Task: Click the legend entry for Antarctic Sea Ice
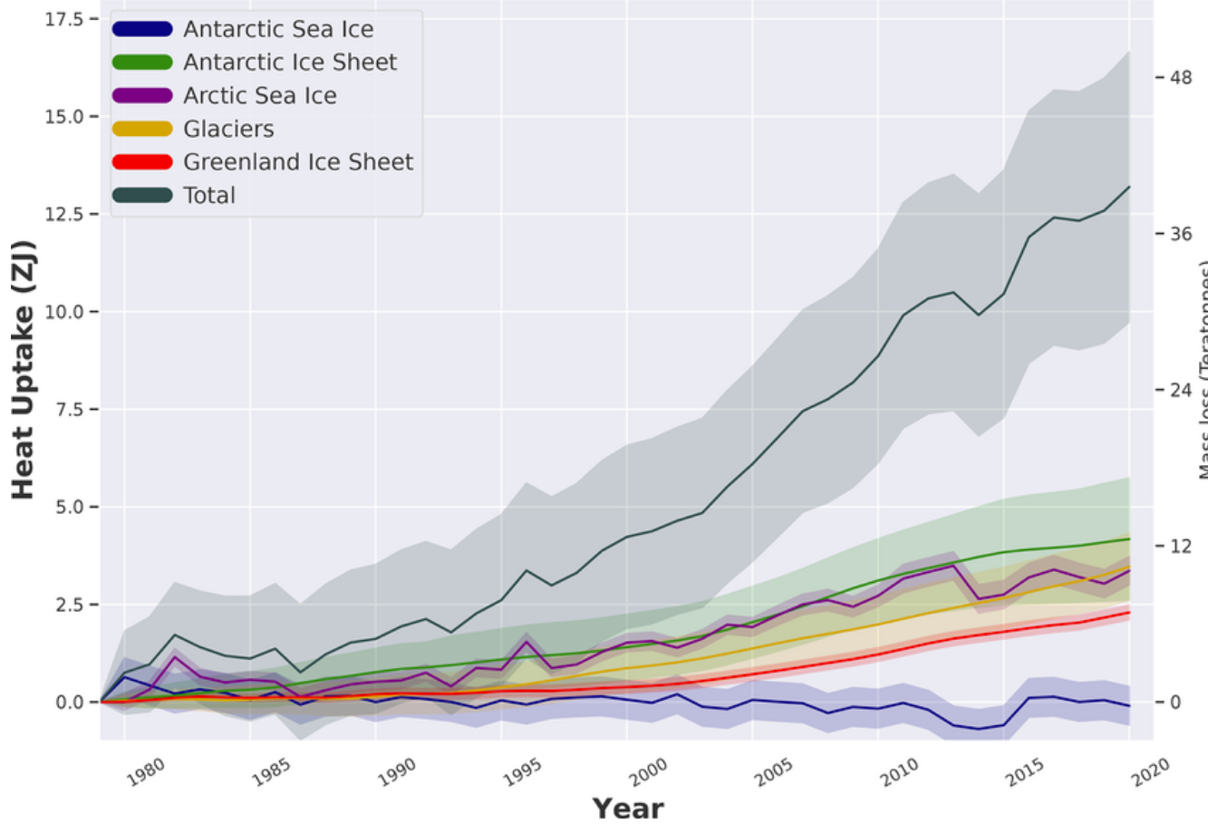coord(278,30)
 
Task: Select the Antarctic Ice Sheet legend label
coord(290,63)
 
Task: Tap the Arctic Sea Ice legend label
coord(260,96)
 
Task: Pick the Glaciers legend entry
coord(228,129)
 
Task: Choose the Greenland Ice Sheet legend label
coord(298,162)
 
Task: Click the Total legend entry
coord(209,196)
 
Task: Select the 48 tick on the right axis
coord(1180,78)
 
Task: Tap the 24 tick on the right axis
coord(1180,390)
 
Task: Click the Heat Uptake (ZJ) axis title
coord(23,370)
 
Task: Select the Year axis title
coord(628,808)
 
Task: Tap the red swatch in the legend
coord(142,162)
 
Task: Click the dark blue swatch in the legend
coord(142,29)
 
